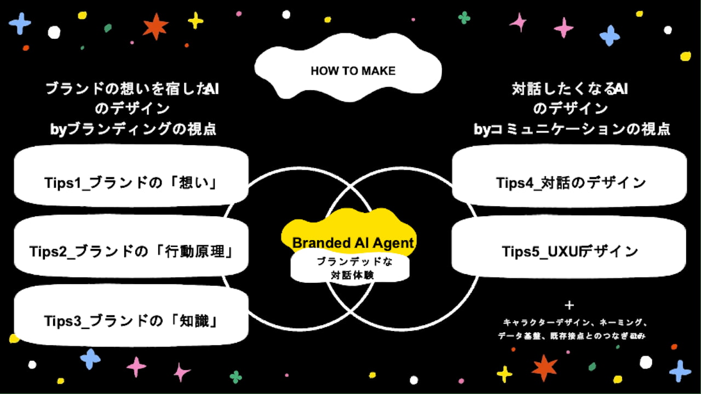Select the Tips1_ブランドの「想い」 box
click(131, 182)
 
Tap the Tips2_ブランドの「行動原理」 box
click(131, 252)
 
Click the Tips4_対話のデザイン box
click(570, 182)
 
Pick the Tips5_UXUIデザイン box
click(570, 252)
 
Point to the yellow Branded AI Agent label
click(353, 242)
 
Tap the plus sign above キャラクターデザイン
click(570, 305)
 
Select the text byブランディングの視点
click(133, 129)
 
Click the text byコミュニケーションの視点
click(572, 129)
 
